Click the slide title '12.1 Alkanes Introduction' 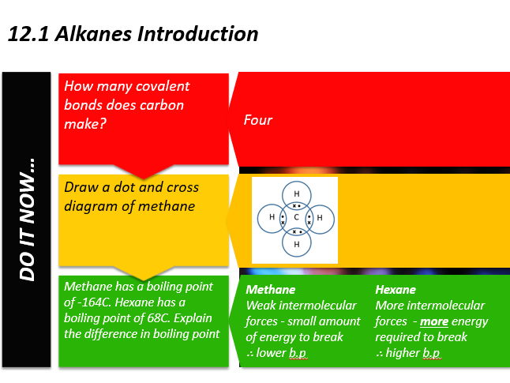[x=132, y=34]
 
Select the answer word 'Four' [x=257, y=120]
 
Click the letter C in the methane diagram [x=296, y=217]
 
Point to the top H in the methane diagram [x=296, y=194]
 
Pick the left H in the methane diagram [x=272, y=217]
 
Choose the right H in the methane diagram [x=320, y=217]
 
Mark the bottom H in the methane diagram [x=296, y=244]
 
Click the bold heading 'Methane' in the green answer [x=271, y=290]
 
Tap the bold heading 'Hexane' [x=395, y=290]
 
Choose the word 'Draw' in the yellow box [x=81, y=188]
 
